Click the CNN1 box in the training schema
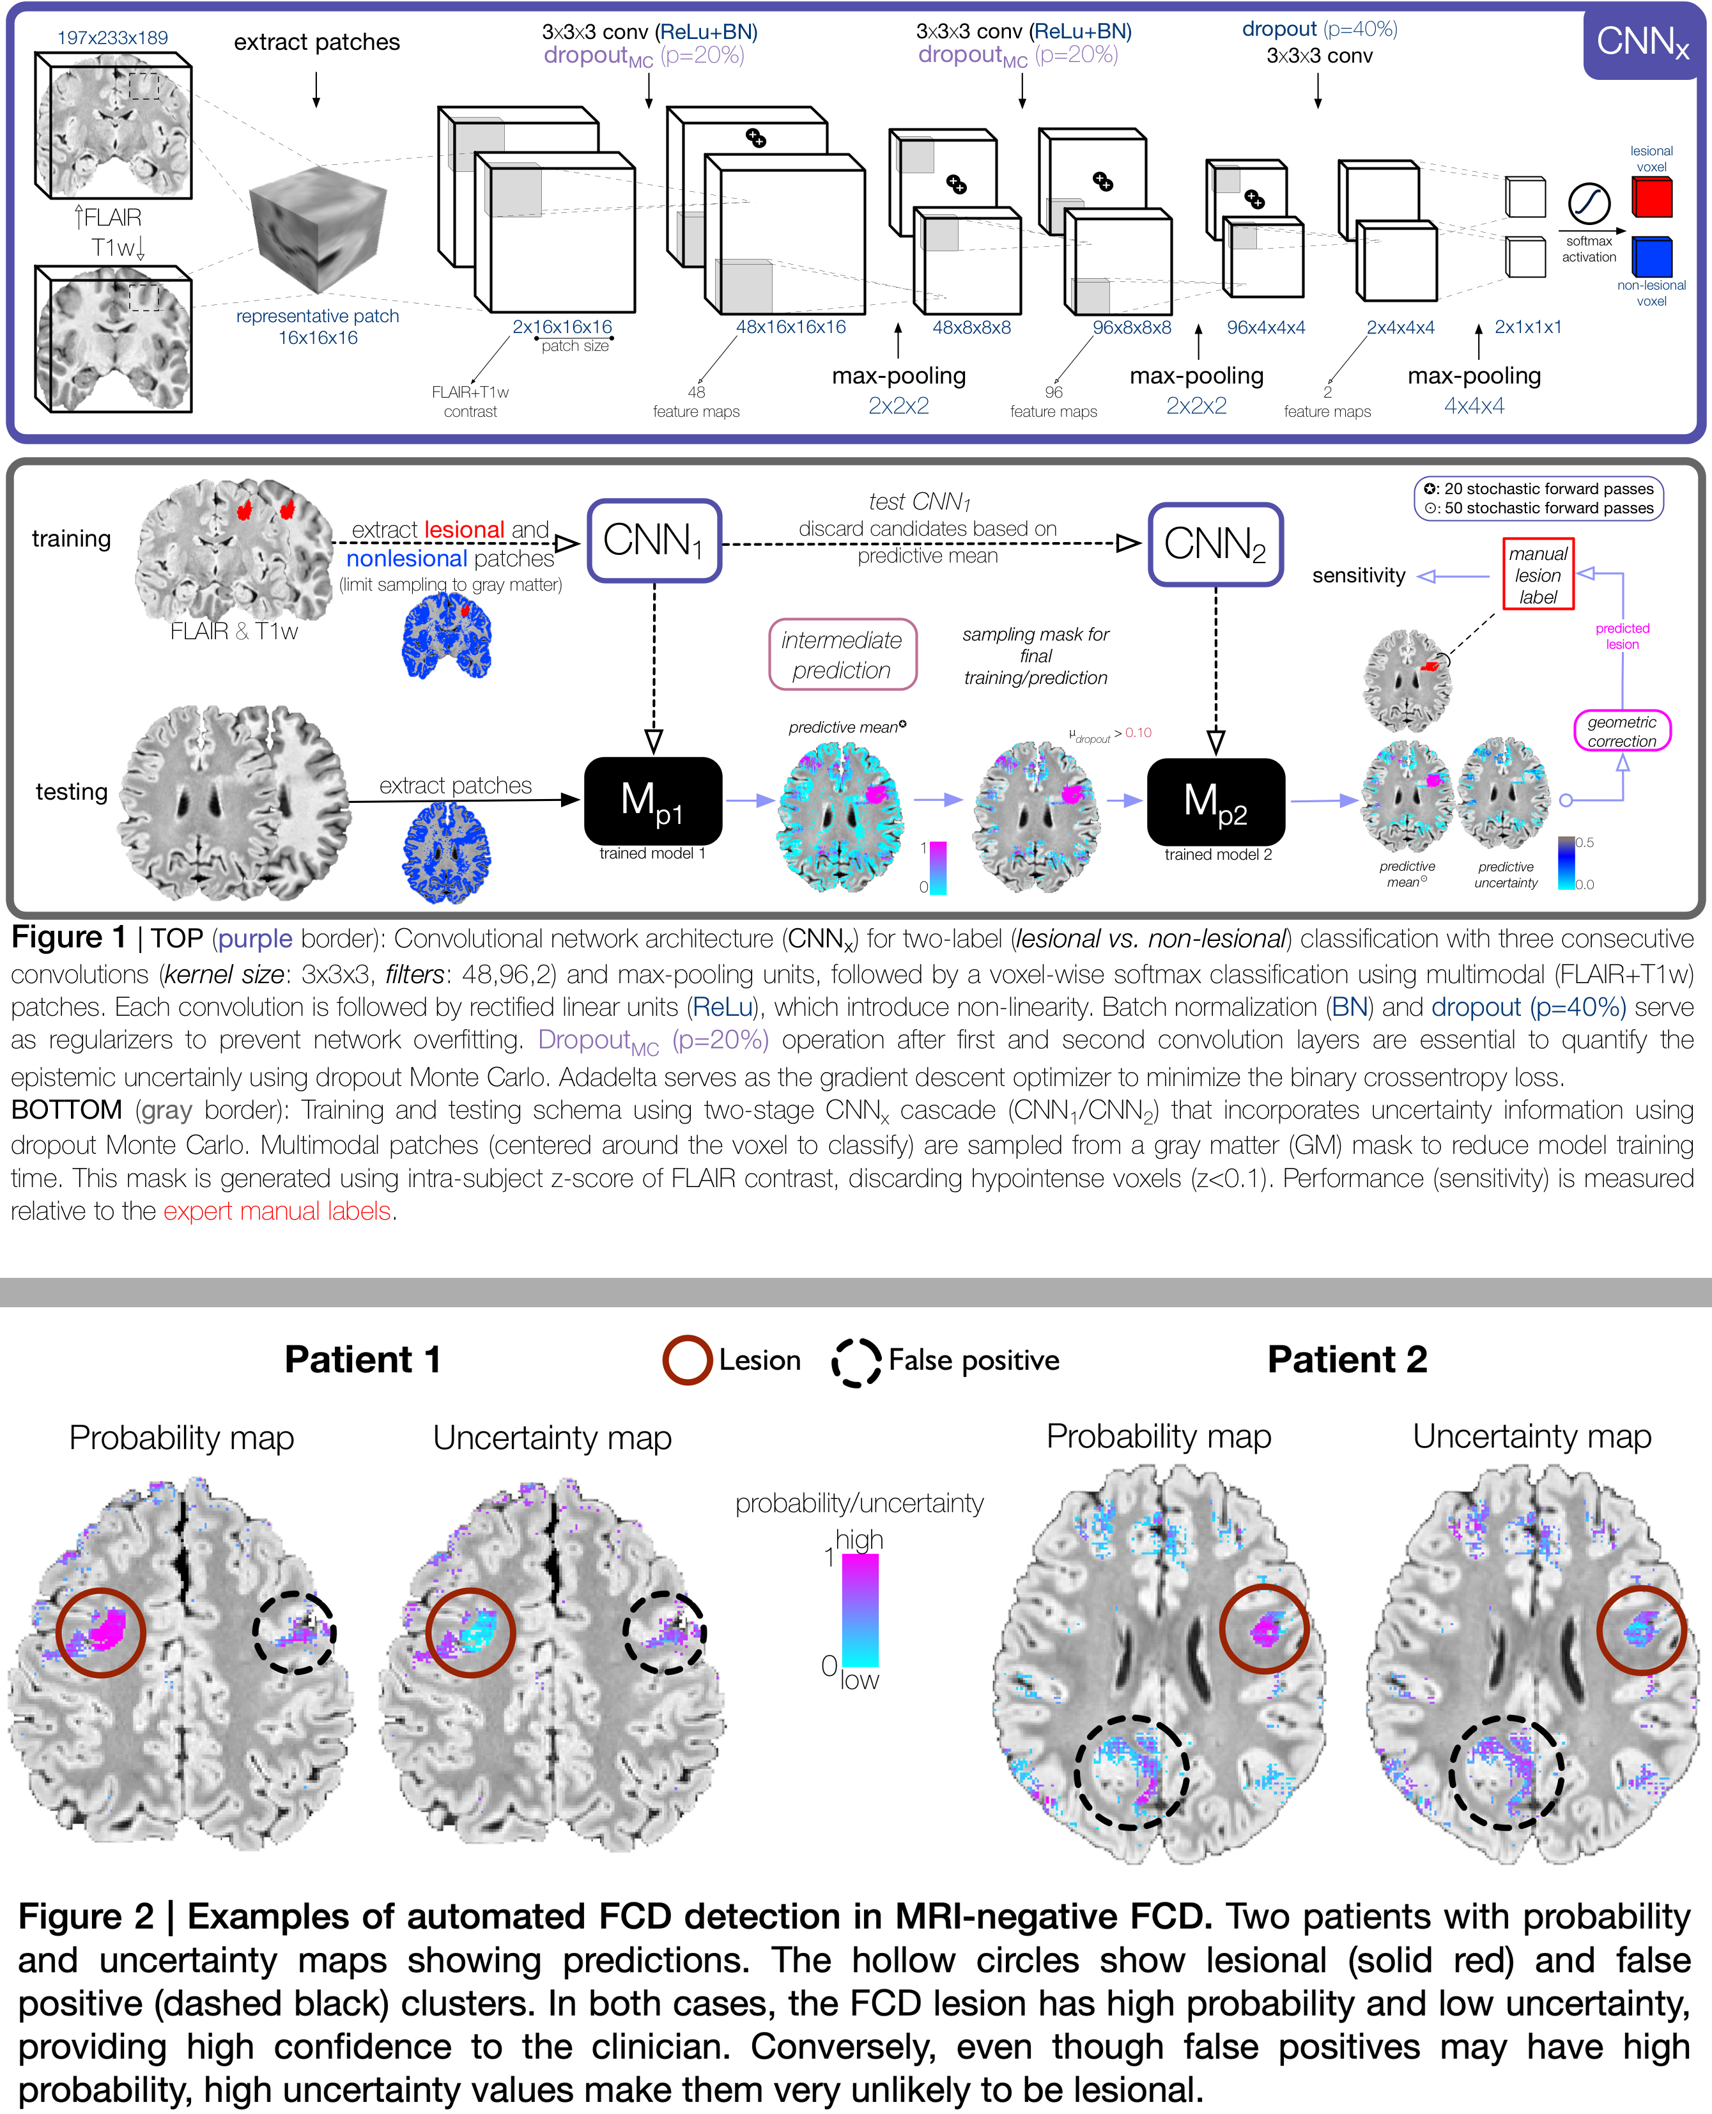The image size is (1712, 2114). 654,541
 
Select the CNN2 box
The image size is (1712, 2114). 1215,543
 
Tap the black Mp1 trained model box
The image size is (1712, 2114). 653,800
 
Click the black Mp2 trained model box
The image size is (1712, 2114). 1216,801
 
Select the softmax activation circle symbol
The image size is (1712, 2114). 1589,204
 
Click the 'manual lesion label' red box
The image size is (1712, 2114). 1538,574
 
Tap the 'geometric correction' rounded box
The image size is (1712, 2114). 1621,731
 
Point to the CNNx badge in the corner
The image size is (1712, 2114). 1642,42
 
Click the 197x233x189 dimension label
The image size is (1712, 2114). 112,38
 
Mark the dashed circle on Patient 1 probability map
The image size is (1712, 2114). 294,1633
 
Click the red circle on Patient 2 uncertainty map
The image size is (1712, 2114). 1641,1629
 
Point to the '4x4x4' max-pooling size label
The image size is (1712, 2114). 1474,405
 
